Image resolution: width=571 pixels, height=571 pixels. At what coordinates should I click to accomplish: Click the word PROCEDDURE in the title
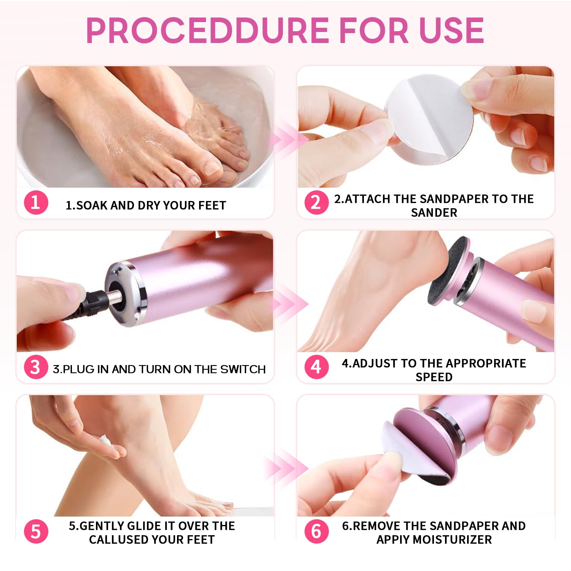pyautogui.click(x=207, y=30)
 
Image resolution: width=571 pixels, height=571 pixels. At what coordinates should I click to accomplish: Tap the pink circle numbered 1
pyautogui.click(x=36, y=202)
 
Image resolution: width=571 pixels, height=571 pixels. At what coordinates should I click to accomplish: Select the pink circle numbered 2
pyautogui.click(x=316, y=202)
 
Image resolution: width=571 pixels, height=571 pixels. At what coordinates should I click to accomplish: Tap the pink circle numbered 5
pyautogui.click(x=36, y=531)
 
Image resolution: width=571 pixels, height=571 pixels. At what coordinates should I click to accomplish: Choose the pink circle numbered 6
pyautogui.click(x=316, y=531)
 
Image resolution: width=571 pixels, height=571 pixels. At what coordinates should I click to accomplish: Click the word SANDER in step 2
pyautogui.click(x=434, y=212)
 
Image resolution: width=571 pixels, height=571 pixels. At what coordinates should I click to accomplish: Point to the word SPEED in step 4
pyautogui.click(x=434, y=377)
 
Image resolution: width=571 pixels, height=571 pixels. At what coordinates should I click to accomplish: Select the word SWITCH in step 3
pyautogui.click(x=242, y=369)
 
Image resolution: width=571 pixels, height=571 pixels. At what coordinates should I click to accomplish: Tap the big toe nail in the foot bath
pyautogui.click(x=212, y=167)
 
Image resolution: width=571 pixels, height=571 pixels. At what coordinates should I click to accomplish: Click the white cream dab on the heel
pyautogui.click(x=105, y=442)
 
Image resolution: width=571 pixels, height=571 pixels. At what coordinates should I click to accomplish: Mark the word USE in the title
pyautogui.click(x=451, y=30)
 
